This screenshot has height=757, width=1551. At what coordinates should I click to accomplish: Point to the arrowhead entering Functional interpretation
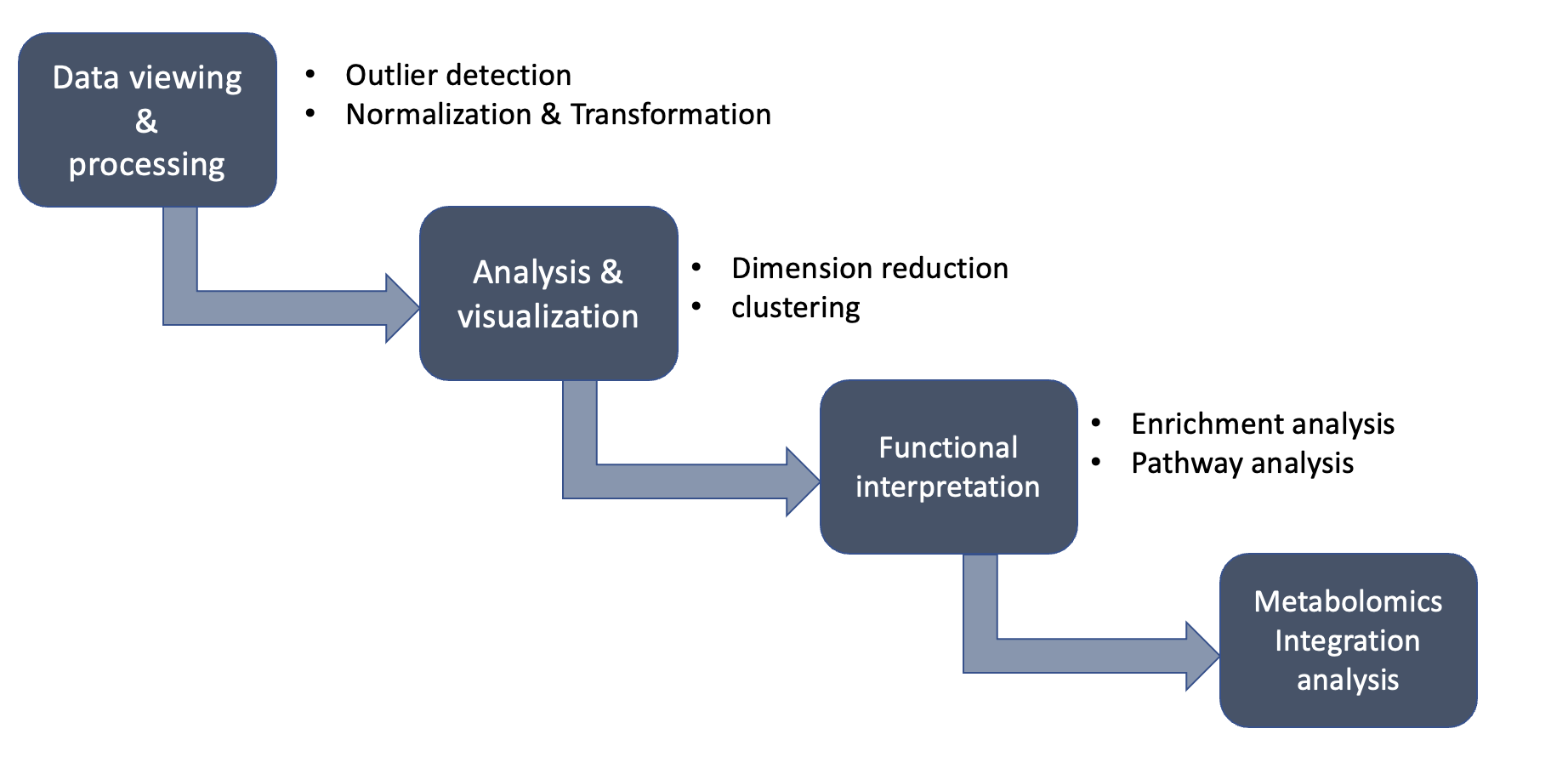tap(802, 481)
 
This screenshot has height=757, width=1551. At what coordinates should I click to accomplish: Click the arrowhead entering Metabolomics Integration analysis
tap(1202, 656)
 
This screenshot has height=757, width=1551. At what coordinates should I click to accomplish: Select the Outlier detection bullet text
tap(457, 76)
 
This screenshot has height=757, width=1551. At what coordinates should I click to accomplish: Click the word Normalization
tap(438, 115)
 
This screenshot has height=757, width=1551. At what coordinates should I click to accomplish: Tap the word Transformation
tap(670, 115)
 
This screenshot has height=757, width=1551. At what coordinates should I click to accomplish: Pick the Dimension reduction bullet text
tap(869, 269)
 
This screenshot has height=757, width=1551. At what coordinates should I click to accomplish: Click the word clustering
tap(795, 308)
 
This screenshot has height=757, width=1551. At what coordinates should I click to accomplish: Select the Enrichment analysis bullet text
tap(1262, 424)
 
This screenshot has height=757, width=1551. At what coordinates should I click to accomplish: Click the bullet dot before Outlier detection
tap(310, 75)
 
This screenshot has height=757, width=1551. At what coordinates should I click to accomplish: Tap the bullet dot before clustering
tap(696, 306)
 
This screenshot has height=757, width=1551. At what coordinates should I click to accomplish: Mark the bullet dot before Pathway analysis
tap(1096, 462)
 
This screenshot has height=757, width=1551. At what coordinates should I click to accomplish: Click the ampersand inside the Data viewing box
tap(146, 122)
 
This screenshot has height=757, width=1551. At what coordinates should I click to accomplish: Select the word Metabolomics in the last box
tap(1348, 602)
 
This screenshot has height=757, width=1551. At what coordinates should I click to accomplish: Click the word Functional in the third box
tap(947, 447)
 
